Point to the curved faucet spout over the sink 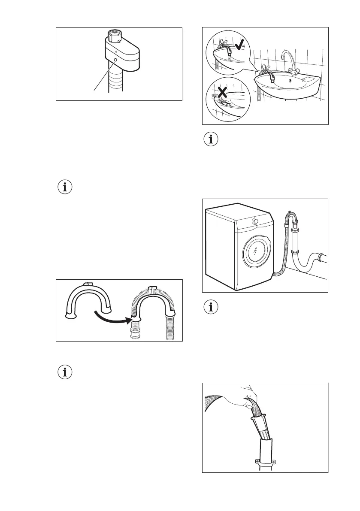[x=286, y=55]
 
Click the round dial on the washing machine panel [x=255, y=221]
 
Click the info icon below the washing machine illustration [x=210, y=308]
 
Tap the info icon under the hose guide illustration [x=65, y=372]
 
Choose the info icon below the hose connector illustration [x=65, y=187]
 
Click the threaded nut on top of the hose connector [x=115, y=35]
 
